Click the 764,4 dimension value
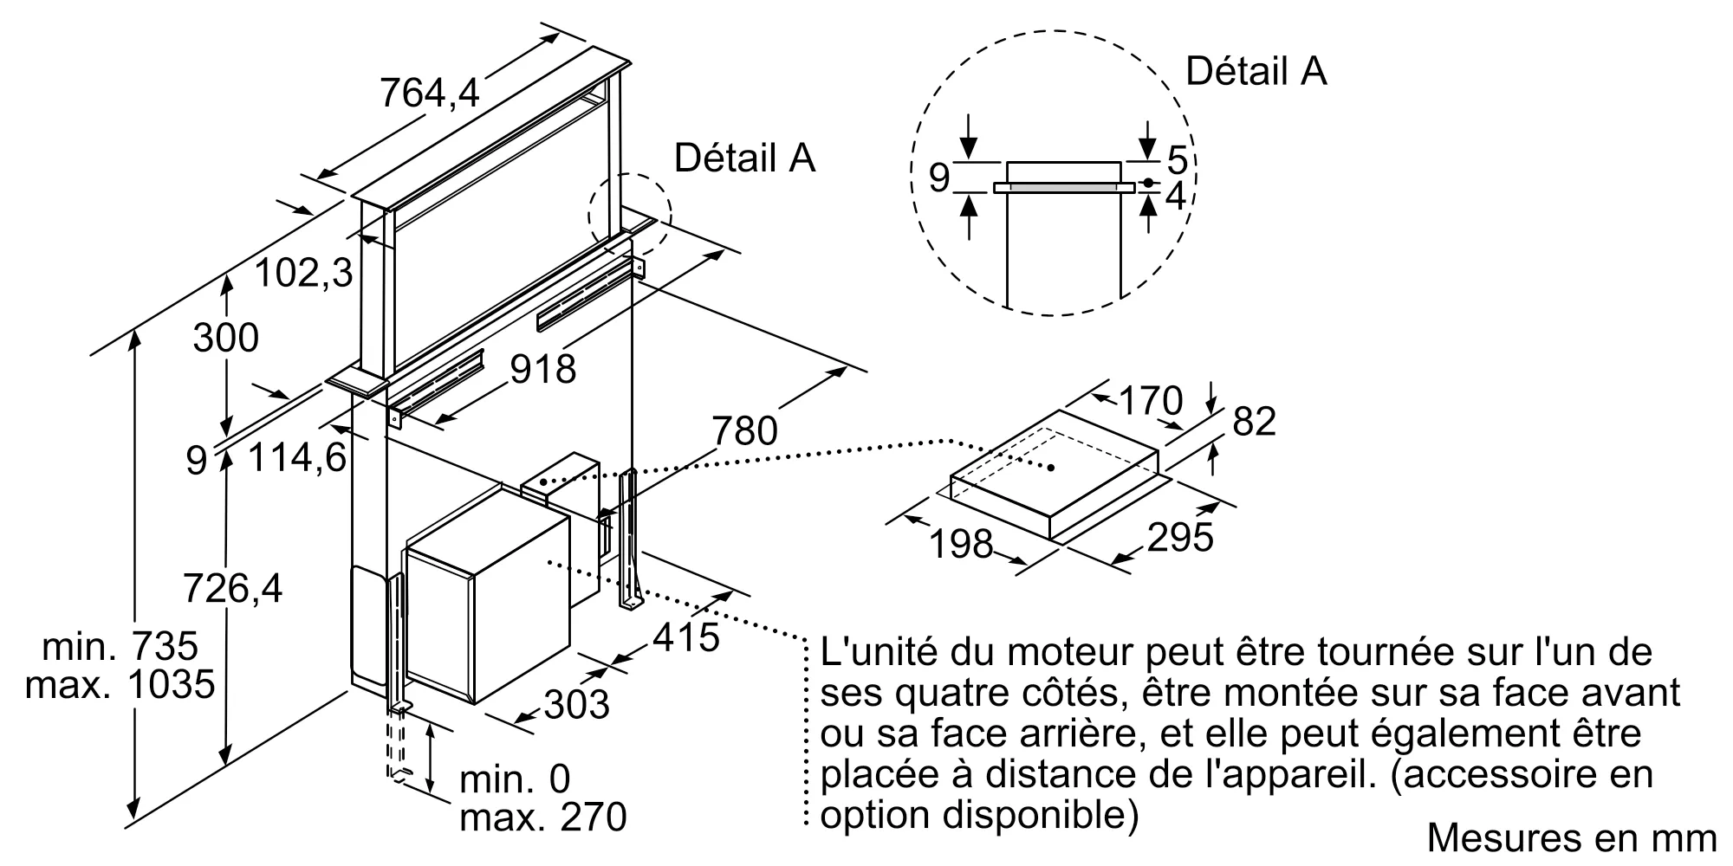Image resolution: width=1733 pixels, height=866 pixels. click(430, 93)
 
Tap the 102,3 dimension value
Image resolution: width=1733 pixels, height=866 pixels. click(303, 274)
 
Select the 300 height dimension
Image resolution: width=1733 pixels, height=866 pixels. click(225, 338)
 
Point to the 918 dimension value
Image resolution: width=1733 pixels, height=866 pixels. click(542, 370)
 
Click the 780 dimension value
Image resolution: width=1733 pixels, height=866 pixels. click(744, 430)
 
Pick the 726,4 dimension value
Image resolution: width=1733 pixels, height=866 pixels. click(232, 590)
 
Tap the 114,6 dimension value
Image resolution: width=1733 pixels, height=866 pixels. click(297, 457)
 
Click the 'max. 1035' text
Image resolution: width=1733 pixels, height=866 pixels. click(120, 685)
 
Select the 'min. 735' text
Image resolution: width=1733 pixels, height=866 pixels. click(120, 646)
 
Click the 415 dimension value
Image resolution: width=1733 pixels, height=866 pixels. click(685, 638)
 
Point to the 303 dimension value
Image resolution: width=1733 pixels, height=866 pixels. click(576, 704)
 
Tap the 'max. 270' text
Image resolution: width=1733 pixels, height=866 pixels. click(542, 818)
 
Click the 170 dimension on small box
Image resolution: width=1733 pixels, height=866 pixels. click(1151, 401)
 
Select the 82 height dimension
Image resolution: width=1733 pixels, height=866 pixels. click(1254, 422)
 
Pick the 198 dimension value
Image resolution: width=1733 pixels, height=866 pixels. click(960, 544)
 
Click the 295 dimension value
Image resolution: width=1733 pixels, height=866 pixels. click(1180, 538)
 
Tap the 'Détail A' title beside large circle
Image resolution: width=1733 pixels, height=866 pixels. click(1256, 71)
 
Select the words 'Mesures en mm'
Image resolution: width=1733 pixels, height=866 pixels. click(1571, 837)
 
